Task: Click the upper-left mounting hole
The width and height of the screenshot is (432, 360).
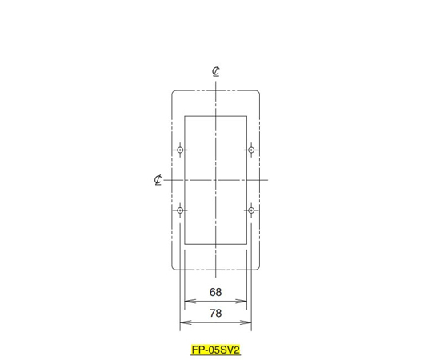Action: [180, 150]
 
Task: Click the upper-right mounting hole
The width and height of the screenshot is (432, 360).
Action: [251, 150]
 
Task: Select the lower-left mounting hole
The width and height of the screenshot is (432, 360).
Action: [180, 210]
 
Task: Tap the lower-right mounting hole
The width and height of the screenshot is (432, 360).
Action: [251, 210]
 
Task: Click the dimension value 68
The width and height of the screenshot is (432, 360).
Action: [215, 292]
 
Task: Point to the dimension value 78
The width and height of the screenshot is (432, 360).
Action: [215, 313]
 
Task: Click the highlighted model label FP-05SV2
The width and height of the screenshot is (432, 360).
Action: [216, 350]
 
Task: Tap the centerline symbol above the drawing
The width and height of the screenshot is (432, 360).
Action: [216, 71]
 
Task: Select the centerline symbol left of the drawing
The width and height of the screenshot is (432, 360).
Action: [158, 179]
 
